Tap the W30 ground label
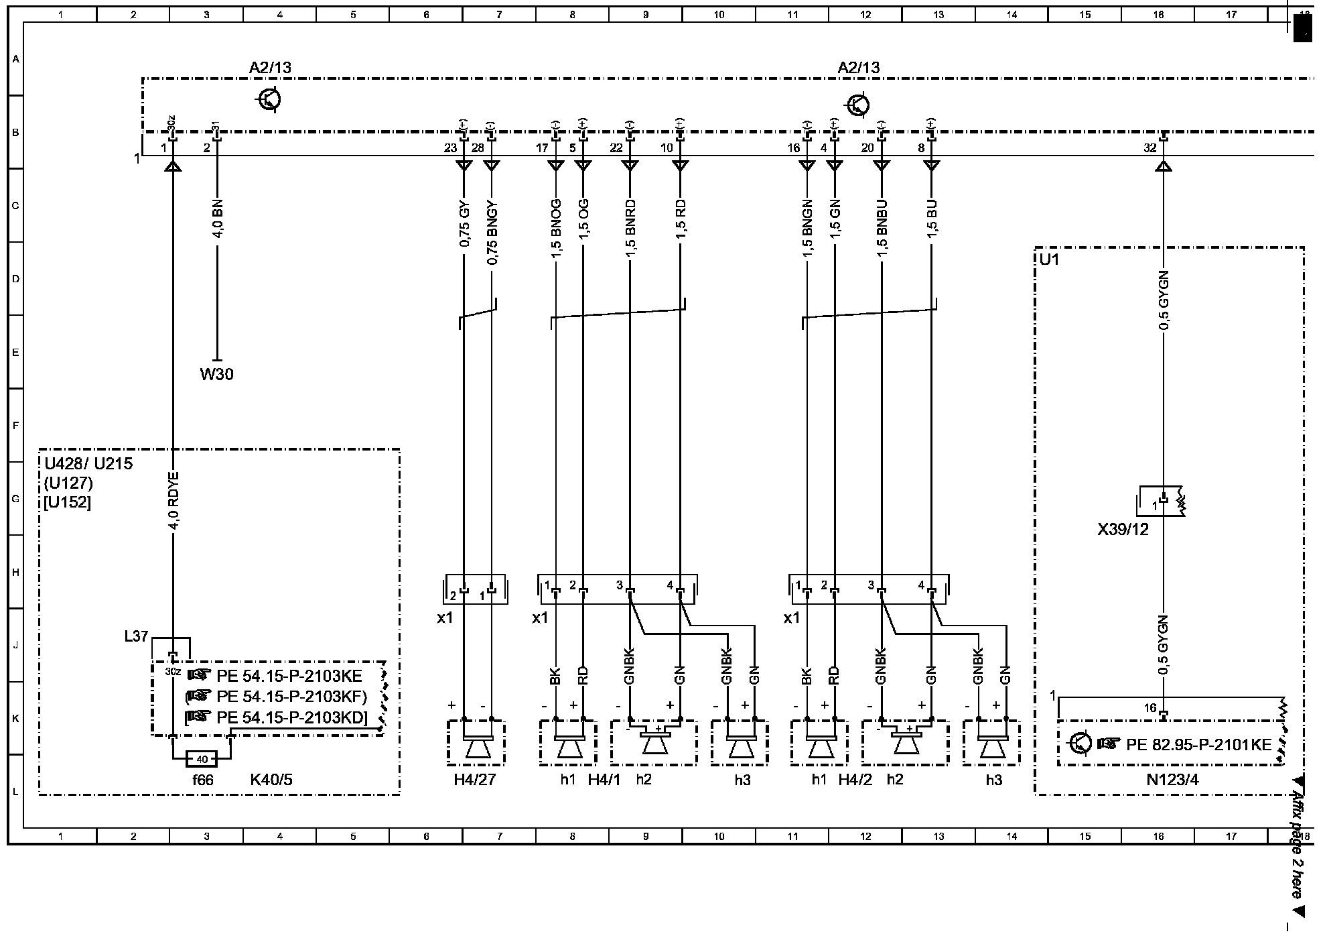216,374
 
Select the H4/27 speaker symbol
477,745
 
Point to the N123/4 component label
1172,780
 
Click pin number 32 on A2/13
1150,148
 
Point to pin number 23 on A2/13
450,148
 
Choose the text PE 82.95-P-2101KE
1198,744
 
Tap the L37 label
136,636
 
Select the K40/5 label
271,780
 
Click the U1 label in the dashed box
1050,258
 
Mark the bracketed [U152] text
67,501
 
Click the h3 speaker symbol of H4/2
991,745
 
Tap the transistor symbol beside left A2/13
269,100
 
